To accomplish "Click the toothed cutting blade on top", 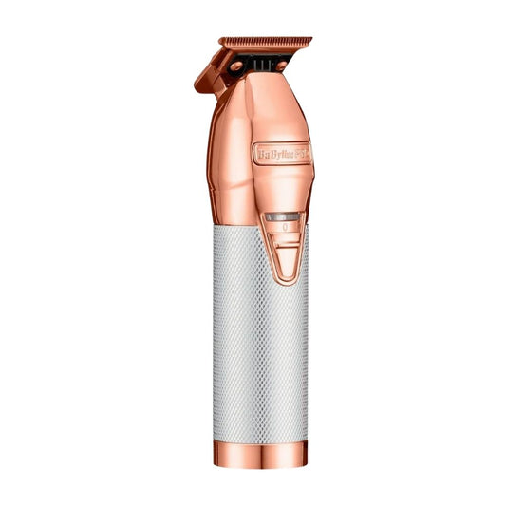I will (x=266, y=43).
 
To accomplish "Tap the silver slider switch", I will (x=283, y=216).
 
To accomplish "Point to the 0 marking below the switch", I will (x=283, y=229).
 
